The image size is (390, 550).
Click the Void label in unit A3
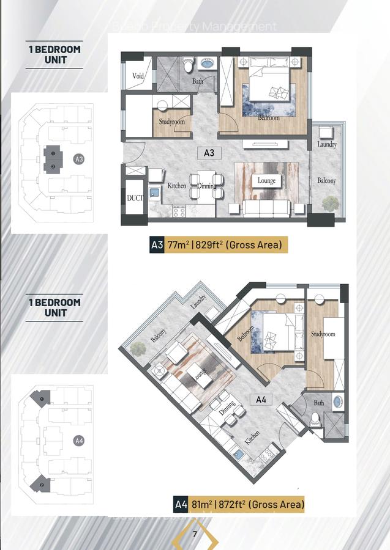(x=137, y=76)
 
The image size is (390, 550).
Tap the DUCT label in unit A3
(x=134, y=198)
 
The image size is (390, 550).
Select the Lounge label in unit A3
(x=266, y=181)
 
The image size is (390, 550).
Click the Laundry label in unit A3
(x=327, y=145)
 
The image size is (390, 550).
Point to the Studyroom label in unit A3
(x=171, y=122)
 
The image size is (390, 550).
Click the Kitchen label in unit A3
(x=177, y=185)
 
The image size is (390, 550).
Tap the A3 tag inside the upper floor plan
(x=209, y=153)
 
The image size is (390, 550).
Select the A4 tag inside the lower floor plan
(x=261, y=400)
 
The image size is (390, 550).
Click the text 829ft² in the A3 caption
(x=209, y=245)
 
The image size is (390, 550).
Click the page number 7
(x=195, y=535)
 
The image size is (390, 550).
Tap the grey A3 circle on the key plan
(x=78, y=159)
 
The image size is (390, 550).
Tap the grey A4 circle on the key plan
(x=78, y=440)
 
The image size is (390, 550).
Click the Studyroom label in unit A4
(x=323, y=334)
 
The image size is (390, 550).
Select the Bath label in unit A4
(x=319, y=403)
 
